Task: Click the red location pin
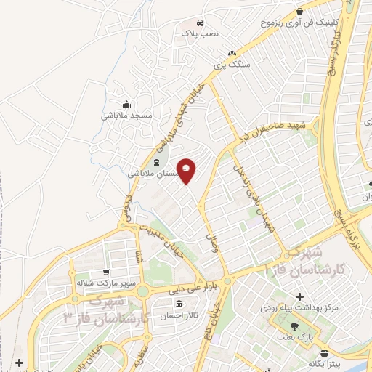pos(187,171)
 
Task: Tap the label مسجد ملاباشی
pos(126,116)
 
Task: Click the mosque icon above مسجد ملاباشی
pos(126,104)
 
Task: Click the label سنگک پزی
pos(232,64)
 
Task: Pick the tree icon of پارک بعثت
pos(294,325)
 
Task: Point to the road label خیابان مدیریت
pos(169,240)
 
